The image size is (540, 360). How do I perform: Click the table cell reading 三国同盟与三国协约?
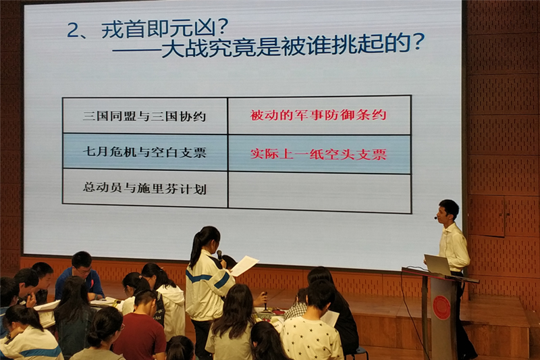pos(144,116)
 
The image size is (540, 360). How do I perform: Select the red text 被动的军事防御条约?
pos(318,115)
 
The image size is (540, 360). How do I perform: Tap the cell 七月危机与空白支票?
pos(144,152)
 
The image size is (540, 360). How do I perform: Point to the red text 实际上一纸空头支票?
pos(318,154)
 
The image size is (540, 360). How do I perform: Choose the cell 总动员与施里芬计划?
pos(144,188)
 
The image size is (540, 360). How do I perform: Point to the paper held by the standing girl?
pos(244,265)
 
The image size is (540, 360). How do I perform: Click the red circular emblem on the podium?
pos(441,307)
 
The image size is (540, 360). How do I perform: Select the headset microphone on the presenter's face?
pos(436,217)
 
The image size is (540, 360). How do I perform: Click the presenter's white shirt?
pos(454,248)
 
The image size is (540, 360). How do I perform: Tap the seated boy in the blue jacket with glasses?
pos(79,276)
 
